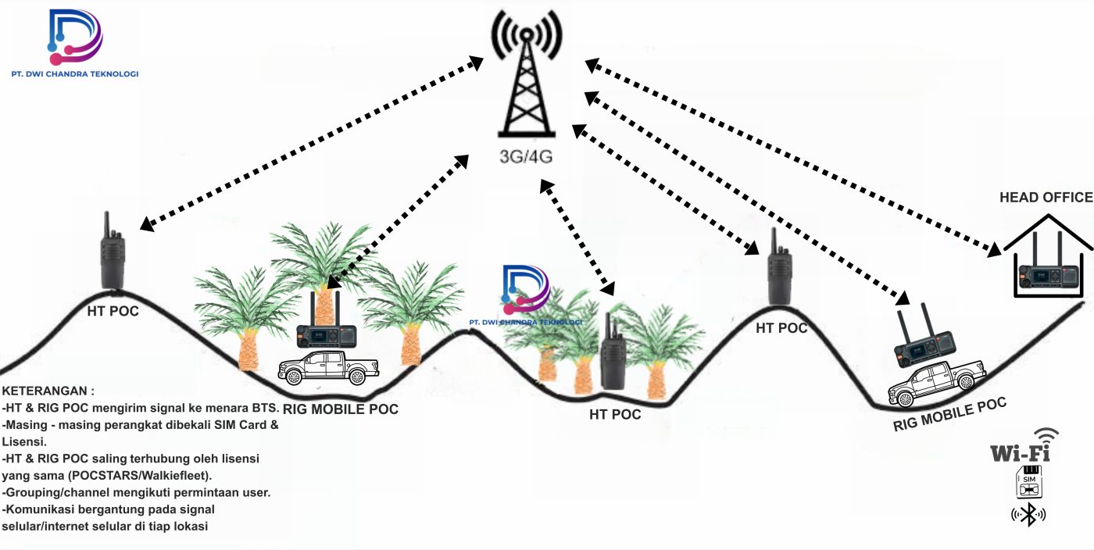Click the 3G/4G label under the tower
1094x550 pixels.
click(526, 155)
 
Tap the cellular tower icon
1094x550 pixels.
click(526, 78)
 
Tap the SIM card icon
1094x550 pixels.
click(1028, 482)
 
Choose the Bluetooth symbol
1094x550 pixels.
click(1028, 514)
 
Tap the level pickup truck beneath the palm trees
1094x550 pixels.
click(328, 368)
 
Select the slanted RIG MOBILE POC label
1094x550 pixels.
click(949, 414)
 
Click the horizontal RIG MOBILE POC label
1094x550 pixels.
click(340, 409)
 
